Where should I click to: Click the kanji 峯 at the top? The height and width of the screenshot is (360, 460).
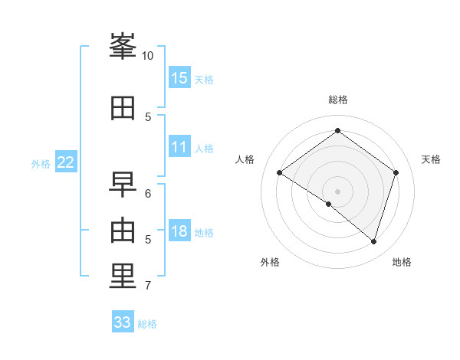pos(123,46)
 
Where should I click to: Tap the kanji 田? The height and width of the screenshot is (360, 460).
pos(123,108)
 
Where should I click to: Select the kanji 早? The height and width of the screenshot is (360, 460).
pos(123,185)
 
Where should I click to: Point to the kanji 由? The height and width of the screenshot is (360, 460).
pos(123,231)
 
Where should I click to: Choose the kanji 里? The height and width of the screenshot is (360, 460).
pos(123,276)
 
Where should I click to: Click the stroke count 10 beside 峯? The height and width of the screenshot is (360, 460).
pos(147,56)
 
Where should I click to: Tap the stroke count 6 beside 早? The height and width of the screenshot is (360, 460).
pos(148,194)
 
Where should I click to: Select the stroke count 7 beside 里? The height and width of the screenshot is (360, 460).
pos(148,286)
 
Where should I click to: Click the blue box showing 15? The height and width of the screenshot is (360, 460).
pos(180,77)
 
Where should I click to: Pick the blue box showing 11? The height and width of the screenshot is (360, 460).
pos(180,146)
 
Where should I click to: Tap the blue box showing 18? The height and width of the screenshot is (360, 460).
pos(180,230)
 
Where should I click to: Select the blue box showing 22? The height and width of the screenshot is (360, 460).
pos(66,162)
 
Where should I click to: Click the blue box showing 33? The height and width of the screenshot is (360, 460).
pos(123,321)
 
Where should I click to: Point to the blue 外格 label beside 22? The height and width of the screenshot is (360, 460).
pos(41,164)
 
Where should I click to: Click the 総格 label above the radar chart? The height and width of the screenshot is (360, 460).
pos(338,100)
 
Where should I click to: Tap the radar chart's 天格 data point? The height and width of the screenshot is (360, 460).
pos(396,172)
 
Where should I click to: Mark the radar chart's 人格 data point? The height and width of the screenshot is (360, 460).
pos(280,172)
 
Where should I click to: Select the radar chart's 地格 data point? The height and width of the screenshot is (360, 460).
pos(373,242)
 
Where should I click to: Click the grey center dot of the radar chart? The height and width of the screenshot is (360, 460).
pos(337,191)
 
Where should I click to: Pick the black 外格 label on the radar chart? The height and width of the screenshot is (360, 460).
pos(270,262)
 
